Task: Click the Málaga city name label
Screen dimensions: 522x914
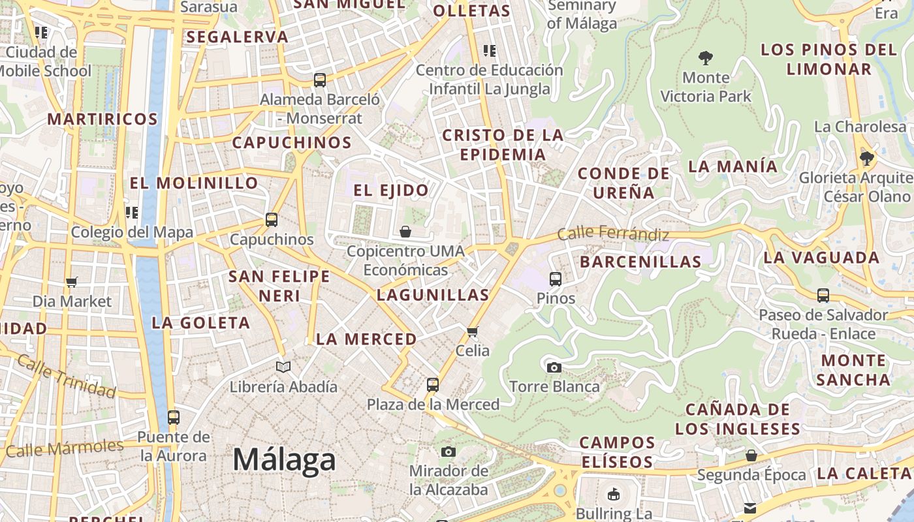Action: click(x=284, y=460)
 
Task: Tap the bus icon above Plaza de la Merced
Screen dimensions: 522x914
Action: click(x=432, y=385)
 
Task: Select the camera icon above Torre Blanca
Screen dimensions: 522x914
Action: click(x=554, y=367)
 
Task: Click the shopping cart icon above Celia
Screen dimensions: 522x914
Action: click(x=473, y=331)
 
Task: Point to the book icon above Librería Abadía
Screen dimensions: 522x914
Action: click(x=283, y=367)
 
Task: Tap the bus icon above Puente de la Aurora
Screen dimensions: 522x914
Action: click(x=173, y=417)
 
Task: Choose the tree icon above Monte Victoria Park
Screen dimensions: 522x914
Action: click(x=705, y=58)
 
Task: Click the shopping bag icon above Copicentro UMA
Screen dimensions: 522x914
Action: click(x=405, y=232)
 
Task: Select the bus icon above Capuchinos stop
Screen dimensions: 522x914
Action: click(x=272, y=220)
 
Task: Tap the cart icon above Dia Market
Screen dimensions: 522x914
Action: click(x=72, y=282)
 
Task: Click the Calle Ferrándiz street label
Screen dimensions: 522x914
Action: click(x=613, y=234)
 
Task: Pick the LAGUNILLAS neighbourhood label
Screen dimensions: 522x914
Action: click(x=433, y=295)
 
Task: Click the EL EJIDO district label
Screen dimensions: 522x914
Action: click(x=391, y=191)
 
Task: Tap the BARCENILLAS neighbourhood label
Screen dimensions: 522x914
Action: click(x=640, y=262)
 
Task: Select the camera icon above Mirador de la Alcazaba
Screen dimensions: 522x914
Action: click(x=448, y=452)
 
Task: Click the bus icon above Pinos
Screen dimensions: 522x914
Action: click(x=556, y=279)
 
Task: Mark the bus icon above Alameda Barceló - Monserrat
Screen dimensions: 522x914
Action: click(x=319, y=80)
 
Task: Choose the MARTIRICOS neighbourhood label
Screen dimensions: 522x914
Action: click(x=102, y=119)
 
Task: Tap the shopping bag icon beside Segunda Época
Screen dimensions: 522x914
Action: click(x=751, y=455)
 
